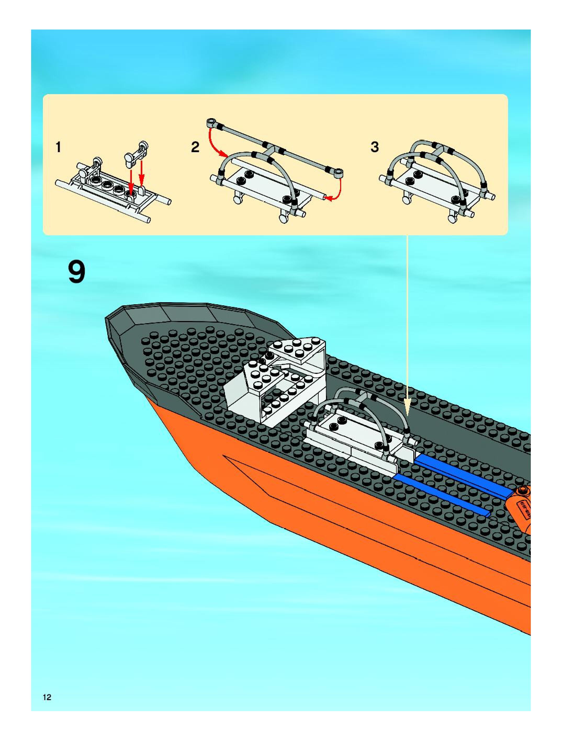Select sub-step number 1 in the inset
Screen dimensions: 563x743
pos(59,147)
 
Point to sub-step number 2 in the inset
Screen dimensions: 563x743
pos(195,147)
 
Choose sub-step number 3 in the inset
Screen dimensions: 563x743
pos(374,147)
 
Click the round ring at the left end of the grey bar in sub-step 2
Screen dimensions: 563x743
pos(211,122)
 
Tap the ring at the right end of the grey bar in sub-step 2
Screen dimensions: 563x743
pos(339,173)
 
